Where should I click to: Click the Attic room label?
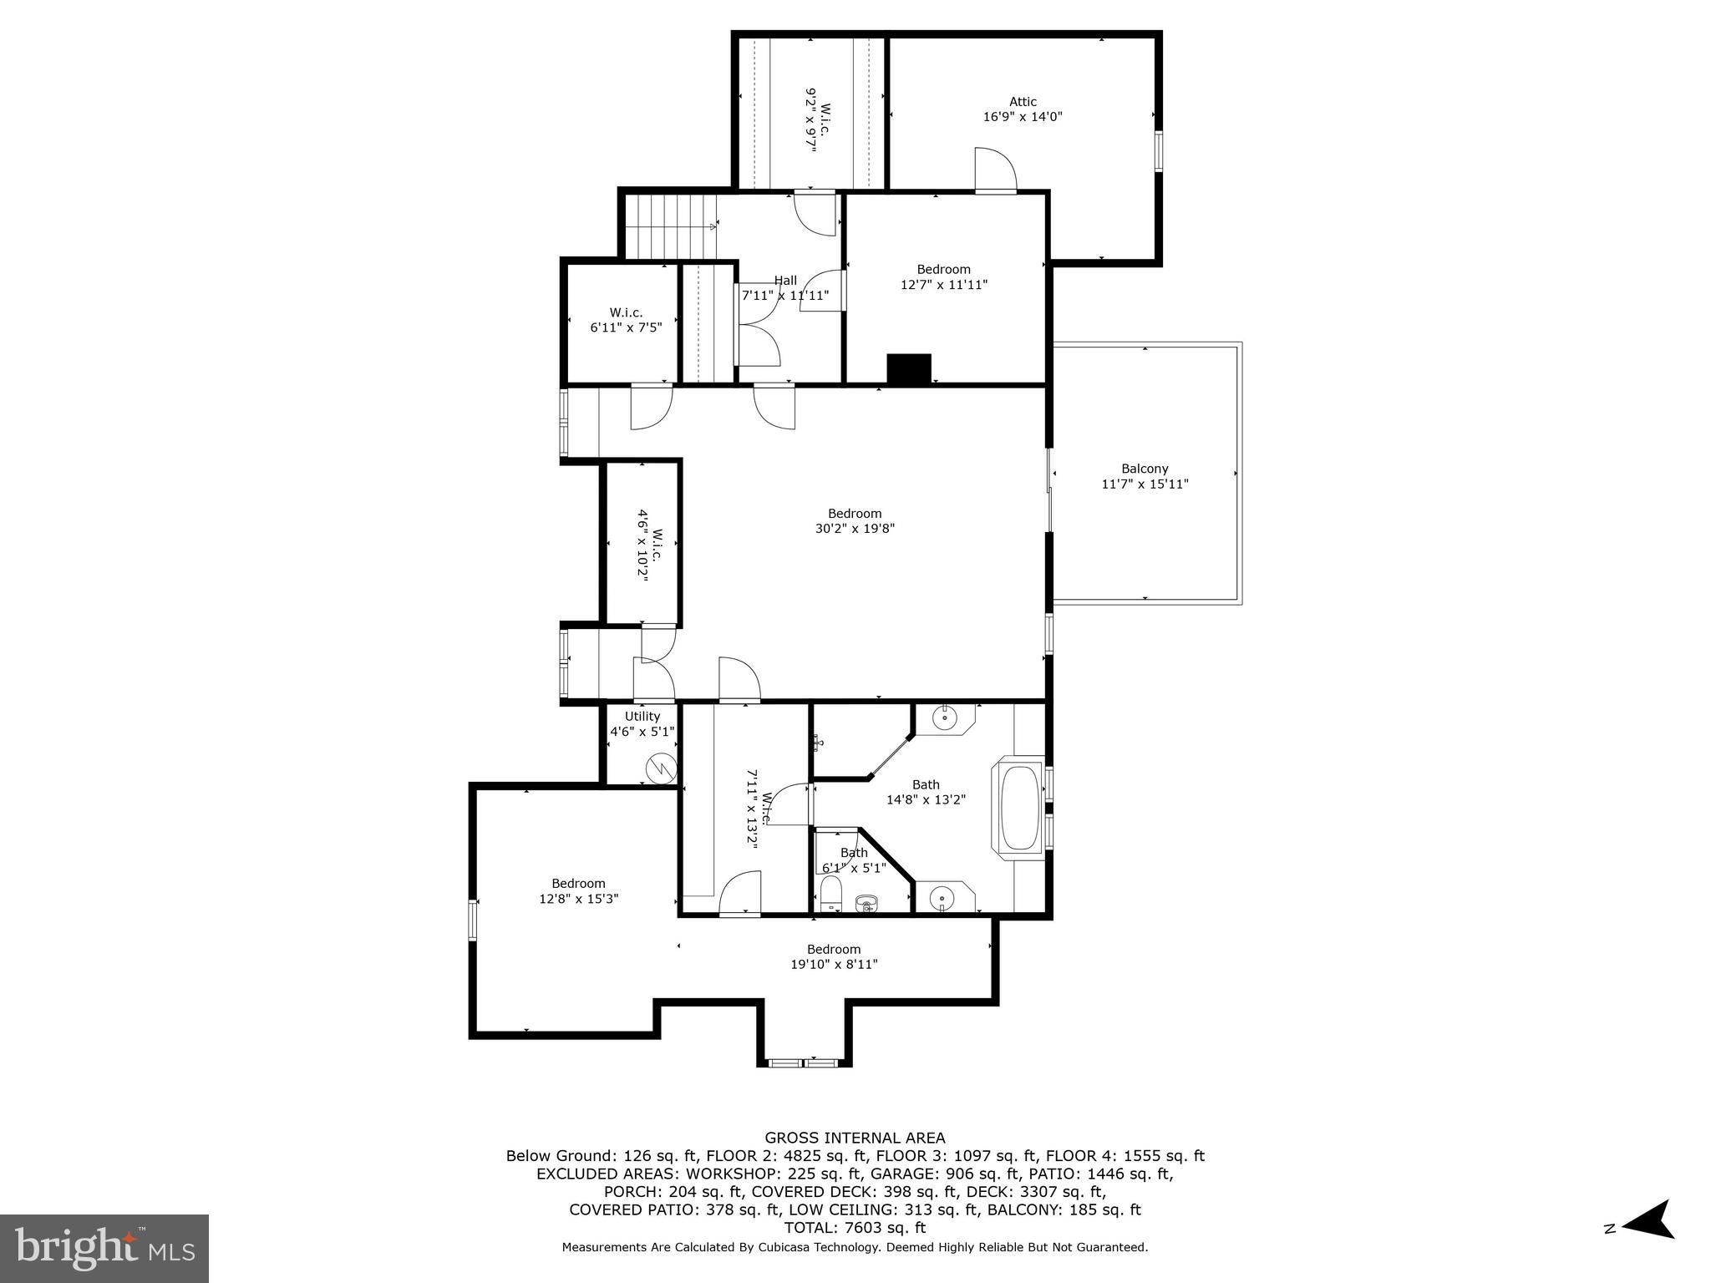pyautogui.click(x=1023, y=102)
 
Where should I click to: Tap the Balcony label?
pyautogui.click(x=1145, y=469)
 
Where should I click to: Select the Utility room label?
pyautogui.click(x=642, y=716)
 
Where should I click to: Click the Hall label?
pyautogui.click(x=785, y=281)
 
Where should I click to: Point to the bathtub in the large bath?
pyautogui.click(x=1018, y=806)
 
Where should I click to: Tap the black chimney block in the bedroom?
pyautogui.click(x=909, y=369)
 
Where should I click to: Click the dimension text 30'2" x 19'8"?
pyautogui.click(x=855, y=528)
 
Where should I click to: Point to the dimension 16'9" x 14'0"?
pyautogui.click(x=1023, y=117)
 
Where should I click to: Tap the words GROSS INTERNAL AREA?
pyautogui.click(x=855, y=1138)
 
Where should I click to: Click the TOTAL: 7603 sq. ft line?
pyautogui.click(x=855, y=1228)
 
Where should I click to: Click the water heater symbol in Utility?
pyautogui.click(x=663, y=767)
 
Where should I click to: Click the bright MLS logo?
pyautogui.click(x=104, y=1249)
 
